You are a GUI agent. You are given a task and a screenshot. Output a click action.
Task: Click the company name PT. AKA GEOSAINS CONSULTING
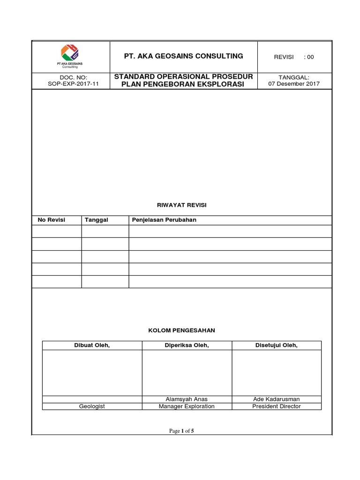click(183, 56)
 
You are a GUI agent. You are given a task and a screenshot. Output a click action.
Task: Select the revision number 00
click(310, 57)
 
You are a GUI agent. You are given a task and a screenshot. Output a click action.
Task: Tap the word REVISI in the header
click(284, 57)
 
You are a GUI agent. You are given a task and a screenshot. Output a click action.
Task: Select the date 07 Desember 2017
click(294, 84)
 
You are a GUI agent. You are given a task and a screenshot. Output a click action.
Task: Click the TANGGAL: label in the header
click(294, 77)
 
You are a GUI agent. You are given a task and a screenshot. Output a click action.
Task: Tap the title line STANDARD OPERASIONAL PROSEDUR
click(183, 77)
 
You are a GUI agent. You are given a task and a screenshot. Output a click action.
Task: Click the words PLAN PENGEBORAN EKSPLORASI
click(183, 84)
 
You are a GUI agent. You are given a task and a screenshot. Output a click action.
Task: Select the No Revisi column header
click(51, 220)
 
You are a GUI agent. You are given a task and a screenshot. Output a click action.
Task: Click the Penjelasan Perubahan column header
click(164, 220)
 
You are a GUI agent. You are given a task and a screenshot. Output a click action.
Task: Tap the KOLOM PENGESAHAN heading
click(181, 330)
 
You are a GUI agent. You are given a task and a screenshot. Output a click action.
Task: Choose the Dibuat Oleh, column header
click(92, 346)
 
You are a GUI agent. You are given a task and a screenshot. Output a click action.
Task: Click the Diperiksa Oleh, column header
click(187, 346)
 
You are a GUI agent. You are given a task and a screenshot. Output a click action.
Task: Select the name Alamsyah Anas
click(187, 399)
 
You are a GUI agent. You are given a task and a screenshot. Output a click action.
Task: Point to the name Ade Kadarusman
click(276, 399)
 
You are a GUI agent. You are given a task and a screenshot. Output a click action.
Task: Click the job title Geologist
click(92, 406)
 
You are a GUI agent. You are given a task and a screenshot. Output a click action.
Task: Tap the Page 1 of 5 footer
click(181, 431)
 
